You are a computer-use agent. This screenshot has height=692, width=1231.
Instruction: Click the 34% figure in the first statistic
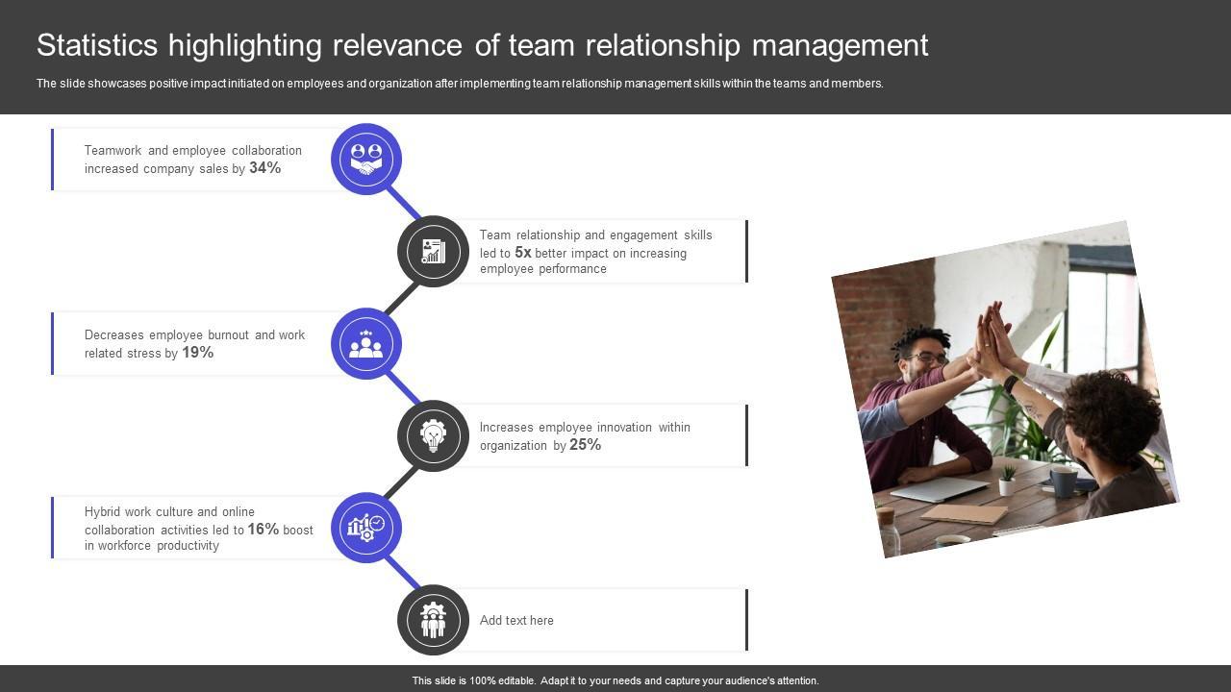[264, 168]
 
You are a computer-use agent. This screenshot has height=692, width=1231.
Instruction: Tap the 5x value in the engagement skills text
[523, 253]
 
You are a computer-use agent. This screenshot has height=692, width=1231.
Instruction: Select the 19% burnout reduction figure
[197, 353]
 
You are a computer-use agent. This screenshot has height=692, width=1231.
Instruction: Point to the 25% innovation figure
[585, 445]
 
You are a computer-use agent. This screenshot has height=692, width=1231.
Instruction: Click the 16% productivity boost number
[263, 529]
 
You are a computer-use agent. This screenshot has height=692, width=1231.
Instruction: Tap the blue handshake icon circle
[366, 160]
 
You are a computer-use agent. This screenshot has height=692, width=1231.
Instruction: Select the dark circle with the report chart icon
[433, 251]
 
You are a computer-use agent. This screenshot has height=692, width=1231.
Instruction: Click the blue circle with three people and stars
[366, 344]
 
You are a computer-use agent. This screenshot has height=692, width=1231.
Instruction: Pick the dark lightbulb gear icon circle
[433, 436]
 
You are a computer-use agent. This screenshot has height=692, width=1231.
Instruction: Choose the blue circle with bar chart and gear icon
[366, 529]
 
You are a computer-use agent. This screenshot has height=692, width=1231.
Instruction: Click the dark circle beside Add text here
[433, 621]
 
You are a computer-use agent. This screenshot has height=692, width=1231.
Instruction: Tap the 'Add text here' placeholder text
[516, 621]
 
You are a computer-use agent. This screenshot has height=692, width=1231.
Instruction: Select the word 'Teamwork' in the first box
[113, 151]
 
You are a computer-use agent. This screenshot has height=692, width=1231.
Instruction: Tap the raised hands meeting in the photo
[991, 336]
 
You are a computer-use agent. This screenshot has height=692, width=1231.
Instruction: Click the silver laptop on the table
[938, 489]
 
